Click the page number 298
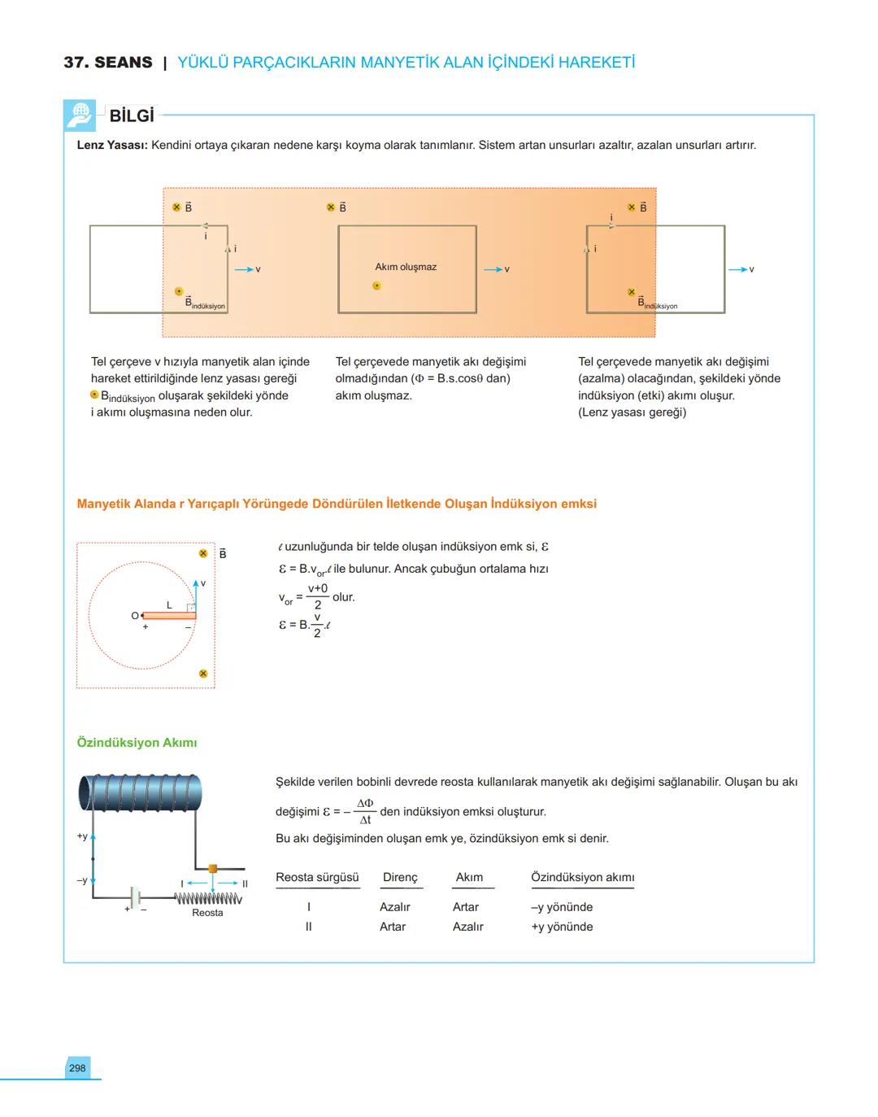click(x=77, y=1068)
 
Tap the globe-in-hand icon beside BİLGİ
click(x=80, y=115)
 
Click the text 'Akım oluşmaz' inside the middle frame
click(x=406, y=267)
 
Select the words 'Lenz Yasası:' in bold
click(x=112, y=145)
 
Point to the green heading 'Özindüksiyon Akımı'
click(x=137, y=743)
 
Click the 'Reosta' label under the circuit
click(x=207, y=913)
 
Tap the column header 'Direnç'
click(x=400, y=877)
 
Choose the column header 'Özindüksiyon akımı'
click(x=582, y=877)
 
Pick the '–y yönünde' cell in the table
click(x=562, y=907)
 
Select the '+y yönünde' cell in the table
click(x=562, y=927)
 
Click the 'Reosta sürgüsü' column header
click(x=317, y=877)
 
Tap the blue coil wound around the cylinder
click(x=140, y=792)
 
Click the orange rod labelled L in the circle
click(x=169, y=616)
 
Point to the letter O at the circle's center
click(x=135, y=616)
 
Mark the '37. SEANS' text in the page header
click(x=108, y=63)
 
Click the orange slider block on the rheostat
click(x=213, y=869)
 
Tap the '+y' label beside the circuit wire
click(x=82, y=836)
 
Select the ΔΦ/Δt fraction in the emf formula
click(x=365, y=811)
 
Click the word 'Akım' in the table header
click(x=469, y=877)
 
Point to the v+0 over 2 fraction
click(x=318, y=596)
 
